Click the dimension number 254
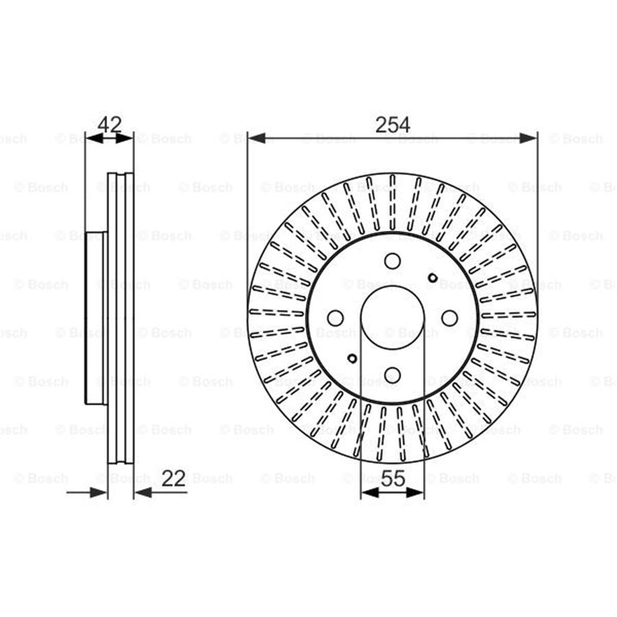point(392,124)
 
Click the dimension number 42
point(110,124)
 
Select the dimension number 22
point(173,478)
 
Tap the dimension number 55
point(392,478)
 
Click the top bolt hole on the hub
point(392,261)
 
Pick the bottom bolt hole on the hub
point(392,374)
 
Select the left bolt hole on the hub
point(335,318)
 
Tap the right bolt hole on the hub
point(449,318)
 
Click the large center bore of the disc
point(392,318)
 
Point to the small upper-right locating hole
point(432,278)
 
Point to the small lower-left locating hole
point(352,358)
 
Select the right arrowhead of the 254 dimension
point(529,138)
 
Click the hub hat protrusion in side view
point(96,318)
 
